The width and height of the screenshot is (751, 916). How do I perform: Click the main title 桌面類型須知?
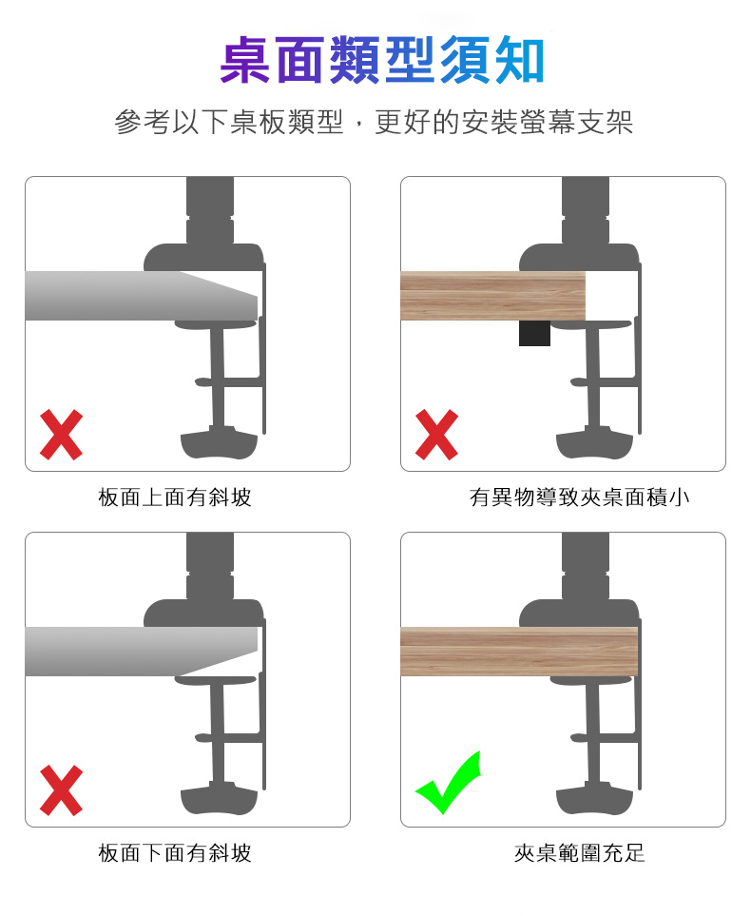tap(382, 60)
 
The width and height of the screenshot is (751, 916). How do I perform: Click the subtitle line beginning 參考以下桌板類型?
tap(374, 122)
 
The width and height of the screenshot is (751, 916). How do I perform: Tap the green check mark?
tap(448, 782)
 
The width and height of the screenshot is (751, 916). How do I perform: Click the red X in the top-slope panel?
tap(62, 435)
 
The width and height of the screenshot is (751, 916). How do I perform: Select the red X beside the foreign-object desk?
tap(437, 435)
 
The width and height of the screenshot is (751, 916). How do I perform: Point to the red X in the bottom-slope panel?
tap(62, 790)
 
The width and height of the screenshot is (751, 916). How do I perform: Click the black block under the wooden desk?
tap(534, 333)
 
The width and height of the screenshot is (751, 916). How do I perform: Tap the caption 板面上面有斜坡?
tap(175, 497)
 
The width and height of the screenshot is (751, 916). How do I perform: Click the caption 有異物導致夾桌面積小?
tap(579, 497)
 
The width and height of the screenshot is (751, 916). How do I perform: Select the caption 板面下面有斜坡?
tap(175, 853)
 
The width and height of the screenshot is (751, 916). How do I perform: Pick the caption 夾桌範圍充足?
tap(579, 853)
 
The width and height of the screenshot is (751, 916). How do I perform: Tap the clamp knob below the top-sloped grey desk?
tap(219, 444)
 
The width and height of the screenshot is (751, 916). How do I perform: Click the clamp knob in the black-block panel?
tap(594, 444)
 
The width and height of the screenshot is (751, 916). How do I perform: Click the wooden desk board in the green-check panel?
tap(519, 652)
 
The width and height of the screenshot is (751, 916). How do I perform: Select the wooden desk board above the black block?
tap(492, 296)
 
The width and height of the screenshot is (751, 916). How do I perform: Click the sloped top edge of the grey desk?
tap(219, 284)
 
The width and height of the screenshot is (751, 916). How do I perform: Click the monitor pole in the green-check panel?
tap(586, 567)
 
